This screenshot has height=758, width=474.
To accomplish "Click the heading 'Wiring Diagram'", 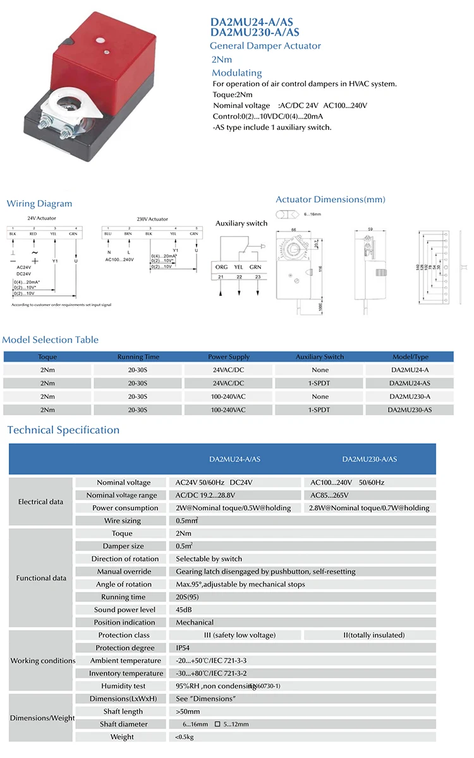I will click(39, 203).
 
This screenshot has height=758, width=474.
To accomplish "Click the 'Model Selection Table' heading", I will click(51, 340).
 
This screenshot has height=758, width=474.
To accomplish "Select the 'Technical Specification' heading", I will click(63, 430).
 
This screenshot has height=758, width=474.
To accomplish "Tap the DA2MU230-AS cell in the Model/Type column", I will click(410, 410).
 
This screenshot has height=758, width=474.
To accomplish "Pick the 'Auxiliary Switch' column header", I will click(320, 357).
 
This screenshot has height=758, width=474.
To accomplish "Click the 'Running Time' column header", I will click(138, 357).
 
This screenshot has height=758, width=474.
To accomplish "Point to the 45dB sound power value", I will click(185, 610).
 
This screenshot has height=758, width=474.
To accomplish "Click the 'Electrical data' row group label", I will click(41, 502).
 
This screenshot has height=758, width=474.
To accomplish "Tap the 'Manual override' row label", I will click(125, 571).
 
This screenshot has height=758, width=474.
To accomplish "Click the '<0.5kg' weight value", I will click(185, 737).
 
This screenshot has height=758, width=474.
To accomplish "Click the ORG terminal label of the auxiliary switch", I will click(221, 267).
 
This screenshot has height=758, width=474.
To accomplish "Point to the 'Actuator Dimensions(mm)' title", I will click(330, 199).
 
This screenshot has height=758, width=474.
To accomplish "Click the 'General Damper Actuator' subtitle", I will click(265, 45).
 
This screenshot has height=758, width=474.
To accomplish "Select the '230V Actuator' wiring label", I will click(152, 219).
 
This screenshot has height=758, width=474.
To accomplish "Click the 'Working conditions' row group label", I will click(42, 661).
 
